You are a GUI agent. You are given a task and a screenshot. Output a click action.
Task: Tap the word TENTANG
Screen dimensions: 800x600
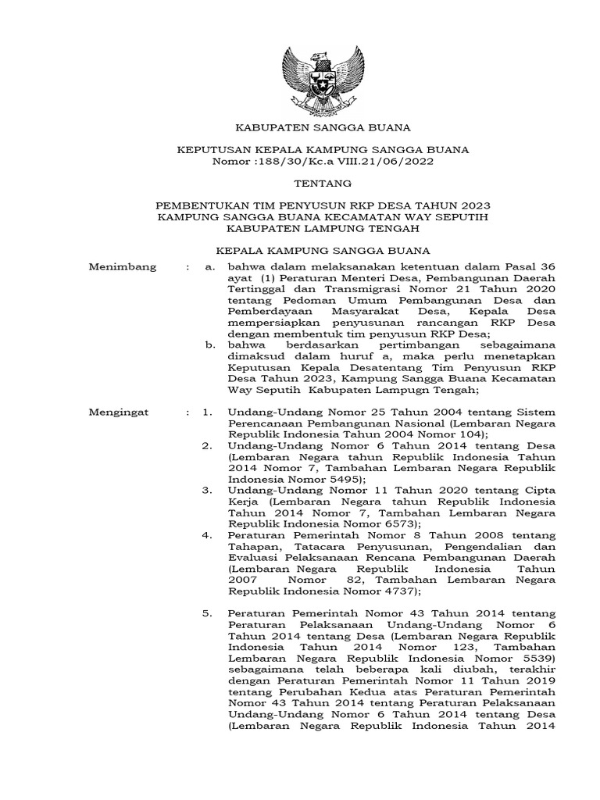(323, 184)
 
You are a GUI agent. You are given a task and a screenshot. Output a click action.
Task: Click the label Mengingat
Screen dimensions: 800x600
(122, 412)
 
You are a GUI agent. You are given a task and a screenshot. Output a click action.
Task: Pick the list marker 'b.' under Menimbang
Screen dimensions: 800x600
(208, 343)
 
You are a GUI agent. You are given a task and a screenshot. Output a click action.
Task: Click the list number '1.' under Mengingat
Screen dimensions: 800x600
(207, 412)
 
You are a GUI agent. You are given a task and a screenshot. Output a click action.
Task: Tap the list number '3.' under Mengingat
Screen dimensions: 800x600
(207, 490)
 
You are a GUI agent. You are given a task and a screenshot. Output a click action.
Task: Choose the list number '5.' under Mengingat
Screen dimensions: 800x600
(207, 615)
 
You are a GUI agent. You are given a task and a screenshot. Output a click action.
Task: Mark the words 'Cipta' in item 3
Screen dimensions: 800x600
(540, 490)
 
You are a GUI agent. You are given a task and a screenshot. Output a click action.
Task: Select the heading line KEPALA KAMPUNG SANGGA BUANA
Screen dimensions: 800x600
(323, 251)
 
